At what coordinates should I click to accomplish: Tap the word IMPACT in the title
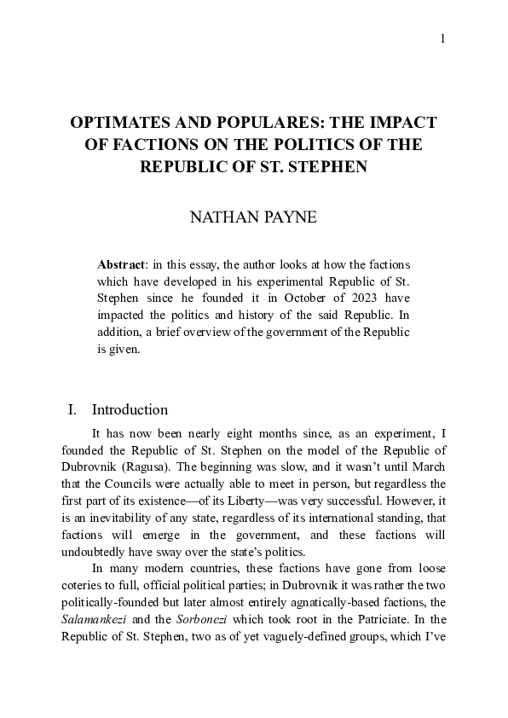401,123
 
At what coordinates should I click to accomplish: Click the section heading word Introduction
130,410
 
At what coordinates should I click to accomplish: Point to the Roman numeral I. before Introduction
72,410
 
